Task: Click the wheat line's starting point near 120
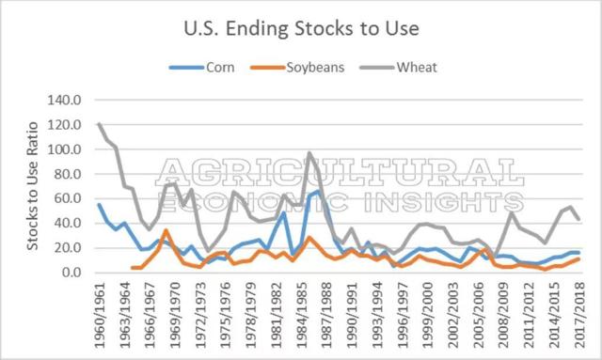100,124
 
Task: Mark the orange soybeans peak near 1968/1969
165,230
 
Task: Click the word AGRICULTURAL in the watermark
340,172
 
